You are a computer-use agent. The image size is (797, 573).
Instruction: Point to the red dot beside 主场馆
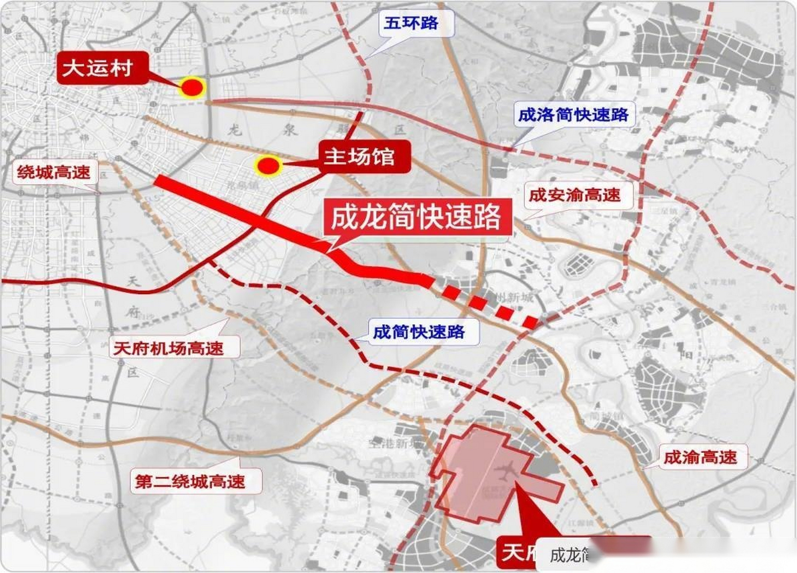(x=267, y=166)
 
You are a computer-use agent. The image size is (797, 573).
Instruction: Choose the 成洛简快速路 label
(x=573, y=115)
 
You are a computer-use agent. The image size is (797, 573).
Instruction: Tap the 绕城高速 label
(x=53, y=172)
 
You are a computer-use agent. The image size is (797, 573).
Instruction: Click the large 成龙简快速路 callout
(x=415, y=217)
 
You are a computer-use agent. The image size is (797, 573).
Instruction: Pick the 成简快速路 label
(x=418, y=332)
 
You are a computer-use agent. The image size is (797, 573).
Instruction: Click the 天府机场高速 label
(x=168, y=348)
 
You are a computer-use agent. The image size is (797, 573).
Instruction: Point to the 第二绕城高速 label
(x=190, y=481)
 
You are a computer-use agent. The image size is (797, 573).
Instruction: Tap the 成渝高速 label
(x=700, y=457)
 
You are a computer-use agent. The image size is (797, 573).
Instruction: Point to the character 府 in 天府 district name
(x=132, y=312)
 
